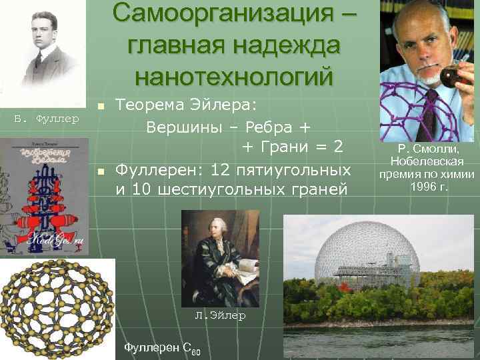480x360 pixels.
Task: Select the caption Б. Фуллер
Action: (x=47, y=119)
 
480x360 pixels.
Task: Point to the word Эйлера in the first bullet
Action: (x=227, y=105)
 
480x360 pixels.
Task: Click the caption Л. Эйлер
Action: (x=220, y=315)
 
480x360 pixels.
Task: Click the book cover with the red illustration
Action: (x=44, y=196)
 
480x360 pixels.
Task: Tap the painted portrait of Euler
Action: (x=220, y=257)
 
